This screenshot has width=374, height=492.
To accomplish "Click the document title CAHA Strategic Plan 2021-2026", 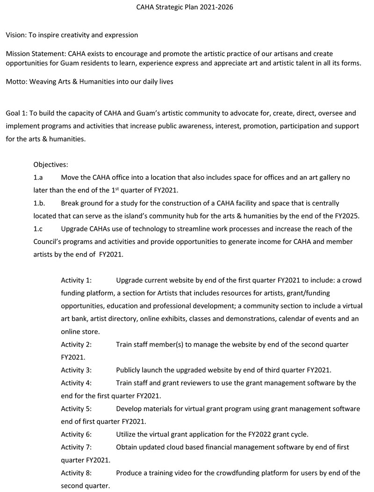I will point(185,7).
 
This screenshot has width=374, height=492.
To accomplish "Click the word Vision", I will point(16,35).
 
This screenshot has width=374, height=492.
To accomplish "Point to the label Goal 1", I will point(17,113).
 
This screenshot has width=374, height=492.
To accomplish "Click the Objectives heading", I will point(50,165).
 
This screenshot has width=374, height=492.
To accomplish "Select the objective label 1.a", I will point(38,178).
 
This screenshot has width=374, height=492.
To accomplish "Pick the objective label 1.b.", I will point(39,203).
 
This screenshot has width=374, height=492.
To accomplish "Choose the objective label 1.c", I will point(38,229).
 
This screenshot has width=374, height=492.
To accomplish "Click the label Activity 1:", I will point(76,280).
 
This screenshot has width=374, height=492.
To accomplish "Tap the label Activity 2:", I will point(76,344).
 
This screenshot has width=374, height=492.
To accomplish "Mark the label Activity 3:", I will point(76,370).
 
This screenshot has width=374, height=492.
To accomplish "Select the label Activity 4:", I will point(76,383).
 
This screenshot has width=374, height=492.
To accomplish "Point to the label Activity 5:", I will point(76,408).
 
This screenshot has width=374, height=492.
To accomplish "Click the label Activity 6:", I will point(76,434).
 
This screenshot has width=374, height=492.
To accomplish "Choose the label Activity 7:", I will point(76,447).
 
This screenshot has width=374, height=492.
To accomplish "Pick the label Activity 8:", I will point(76,472).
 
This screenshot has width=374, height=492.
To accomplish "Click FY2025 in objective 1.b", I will point(344,216).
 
